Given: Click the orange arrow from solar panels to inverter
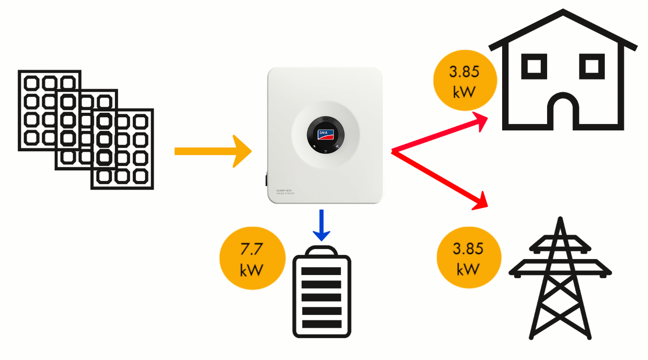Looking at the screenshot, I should (211, 151).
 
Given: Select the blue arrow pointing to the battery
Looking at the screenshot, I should (321, 225).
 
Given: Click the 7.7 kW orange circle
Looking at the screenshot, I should (252, 260).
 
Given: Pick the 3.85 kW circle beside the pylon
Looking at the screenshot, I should (468, 259).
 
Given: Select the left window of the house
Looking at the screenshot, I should (533, 66).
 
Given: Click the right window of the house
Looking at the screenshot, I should (592, 66).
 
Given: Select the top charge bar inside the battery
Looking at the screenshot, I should (322, 271).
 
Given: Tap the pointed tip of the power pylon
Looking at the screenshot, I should (561, 220).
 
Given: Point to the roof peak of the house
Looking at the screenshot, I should (563, 11).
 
